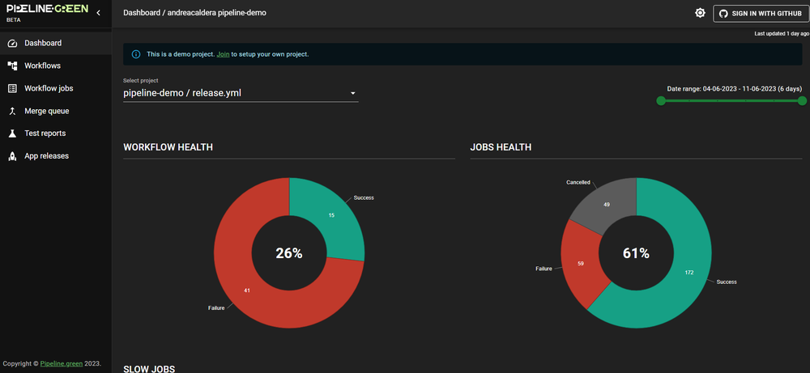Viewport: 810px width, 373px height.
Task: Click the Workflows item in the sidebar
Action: (42, 66)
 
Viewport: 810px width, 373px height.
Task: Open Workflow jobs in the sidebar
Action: (49, 88)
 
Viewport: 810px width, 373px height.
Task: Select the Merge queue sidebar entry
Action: (46, 111)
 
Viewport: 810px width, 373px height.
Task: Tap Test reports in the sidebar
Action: (45, 133)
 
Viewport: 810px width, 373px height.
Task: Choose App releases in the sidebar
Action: (46, 155)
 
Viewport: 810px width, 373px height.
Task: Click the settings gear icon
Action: (701, 13)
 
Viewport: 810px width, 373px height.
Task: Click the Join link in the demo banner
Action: (223, 54)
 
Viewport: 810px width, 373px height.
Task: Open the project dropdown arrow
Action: (353, 93)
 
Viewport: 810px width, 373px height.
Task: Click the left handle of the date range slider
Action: (661, 100)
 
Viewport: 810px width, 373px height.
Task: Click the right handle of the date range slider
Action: (802, 100)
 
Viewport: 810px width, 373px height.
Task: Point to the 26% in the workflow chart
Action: (289, 253)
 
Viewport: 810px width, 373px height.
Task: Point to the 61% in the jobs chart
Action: (636, 253)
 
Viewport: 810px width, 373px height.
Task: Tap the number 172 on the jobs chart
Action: (688, 272)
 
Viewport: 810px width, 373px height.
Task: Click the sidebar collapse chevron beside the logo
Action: (98, 13)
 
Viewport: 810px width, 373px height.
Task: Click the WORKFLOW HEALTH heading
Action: (168, 147)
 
